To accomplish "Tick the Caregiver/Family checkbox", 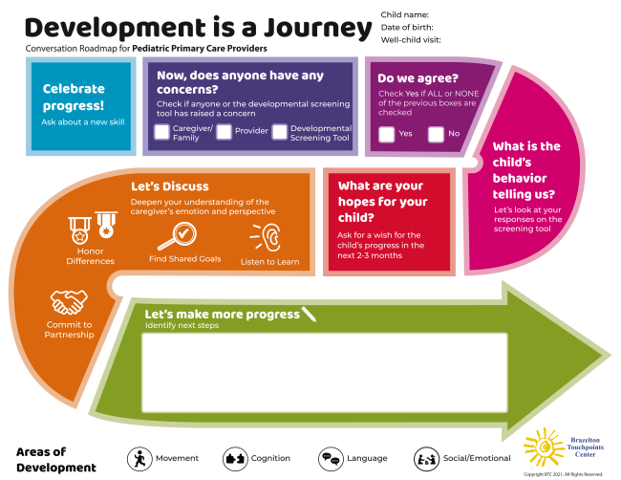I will pyautogui.click(x=162, y=132).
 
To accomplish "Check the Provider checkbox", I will pyautogui.click(x=225, y=132).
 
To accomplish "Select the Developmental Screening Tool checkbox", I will pyautogui.click(x=279, y=132).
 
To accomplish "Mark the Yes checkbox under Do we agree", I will pyautogui.click(x=387, y=134).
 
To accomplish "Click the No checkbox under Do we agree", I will pyautogui.click(x=437, y=134).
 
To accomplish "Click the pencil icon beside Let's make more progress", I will pyautogui.click(x=309, y=313).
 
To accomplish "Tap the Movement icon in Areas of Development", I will pyautogui.click(x=139, y=458).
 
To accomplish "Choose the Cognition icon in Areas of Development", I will pyautogui.click(x=235, y=458).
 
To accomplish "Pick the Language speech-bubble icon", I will pyautogui.click(x=331, y=458).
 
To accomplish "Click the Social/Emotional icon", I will pyautogui.click(x=426, y=458).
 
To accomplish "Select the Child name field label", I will pyautogui.click(x=405, y=14).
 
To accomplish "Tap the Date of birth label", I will pyautogui.click(x=408, y=28).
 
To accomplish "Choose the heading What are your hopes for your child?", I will pyautogui.click(x=381, y=202).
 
